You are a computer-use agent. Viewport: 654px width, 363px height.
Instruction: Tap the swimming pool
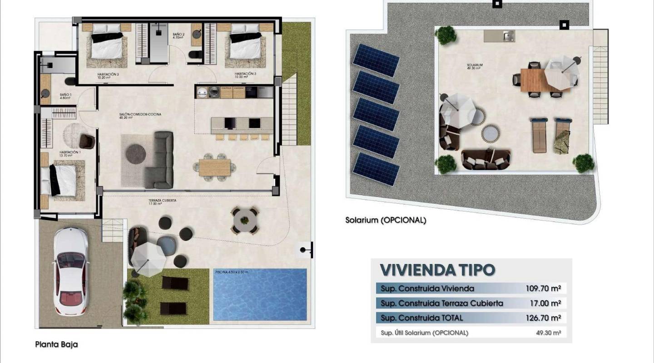click(x=260, y=295)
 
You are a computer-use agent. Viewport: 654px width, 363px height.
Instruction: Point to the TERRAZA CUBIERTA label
click(x=162, y=201)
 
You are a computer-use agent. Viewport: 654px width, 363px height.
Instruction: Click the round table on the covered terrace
click(x=245, y=220)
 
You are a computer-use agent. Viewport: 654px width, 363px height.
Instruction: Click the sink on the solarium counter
click(x=508, y=35)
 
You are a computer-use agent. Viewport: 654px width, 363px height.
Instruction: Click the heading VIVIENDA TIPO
click(x=437, y=270)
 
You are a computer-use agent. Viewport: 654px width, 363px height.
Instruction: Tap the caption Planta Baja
click(x=56, y=344)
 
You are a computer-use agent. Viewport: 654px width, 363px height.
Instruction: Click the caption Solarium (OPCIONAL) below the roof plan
click(x=386, y=220)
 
